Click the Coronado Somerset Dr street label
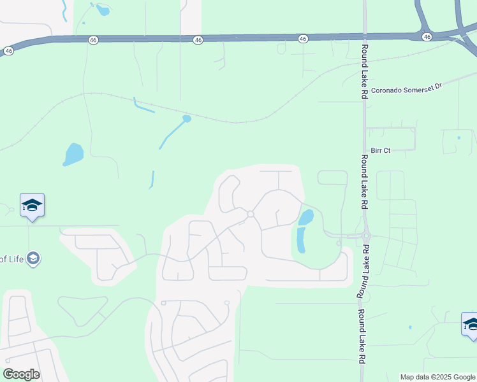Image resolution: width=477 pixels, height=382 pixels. coord(406,90)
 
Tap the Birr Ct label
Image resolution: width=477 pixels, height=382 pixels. coord(380,151)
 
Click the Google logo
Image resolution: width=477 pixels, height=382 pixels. coord(21,374)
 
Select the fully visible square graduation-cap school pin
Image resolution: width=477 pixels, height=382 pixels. coord(32,206)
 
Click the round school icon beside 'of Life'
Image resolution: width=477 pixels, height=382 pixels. coord(33,258)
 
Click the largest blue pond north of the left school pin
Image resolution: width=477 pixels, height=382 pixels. coord(73,154)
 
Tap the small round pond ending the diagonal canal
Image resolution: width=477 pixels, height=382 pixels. coord(186,118)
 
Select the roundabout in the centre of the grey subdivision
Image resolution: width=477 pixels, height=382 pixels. coord(251,215)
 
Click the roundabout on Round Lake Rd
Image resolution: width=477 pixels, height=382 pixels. coord(366,236)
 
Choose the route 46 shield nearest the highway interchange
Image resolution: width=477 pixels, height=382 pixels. coord(427,37)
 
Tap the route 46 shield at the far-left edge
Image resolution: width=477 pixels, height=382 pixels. coord(8,50)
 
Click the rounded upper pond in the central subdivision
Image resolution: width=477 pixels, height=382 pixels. coord(306,217)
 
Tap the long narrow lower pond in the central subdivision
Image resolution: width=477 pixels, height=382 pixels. coord(300,239)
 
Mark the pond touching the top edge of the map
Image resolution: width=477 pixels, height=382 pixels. coord(101,9)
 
